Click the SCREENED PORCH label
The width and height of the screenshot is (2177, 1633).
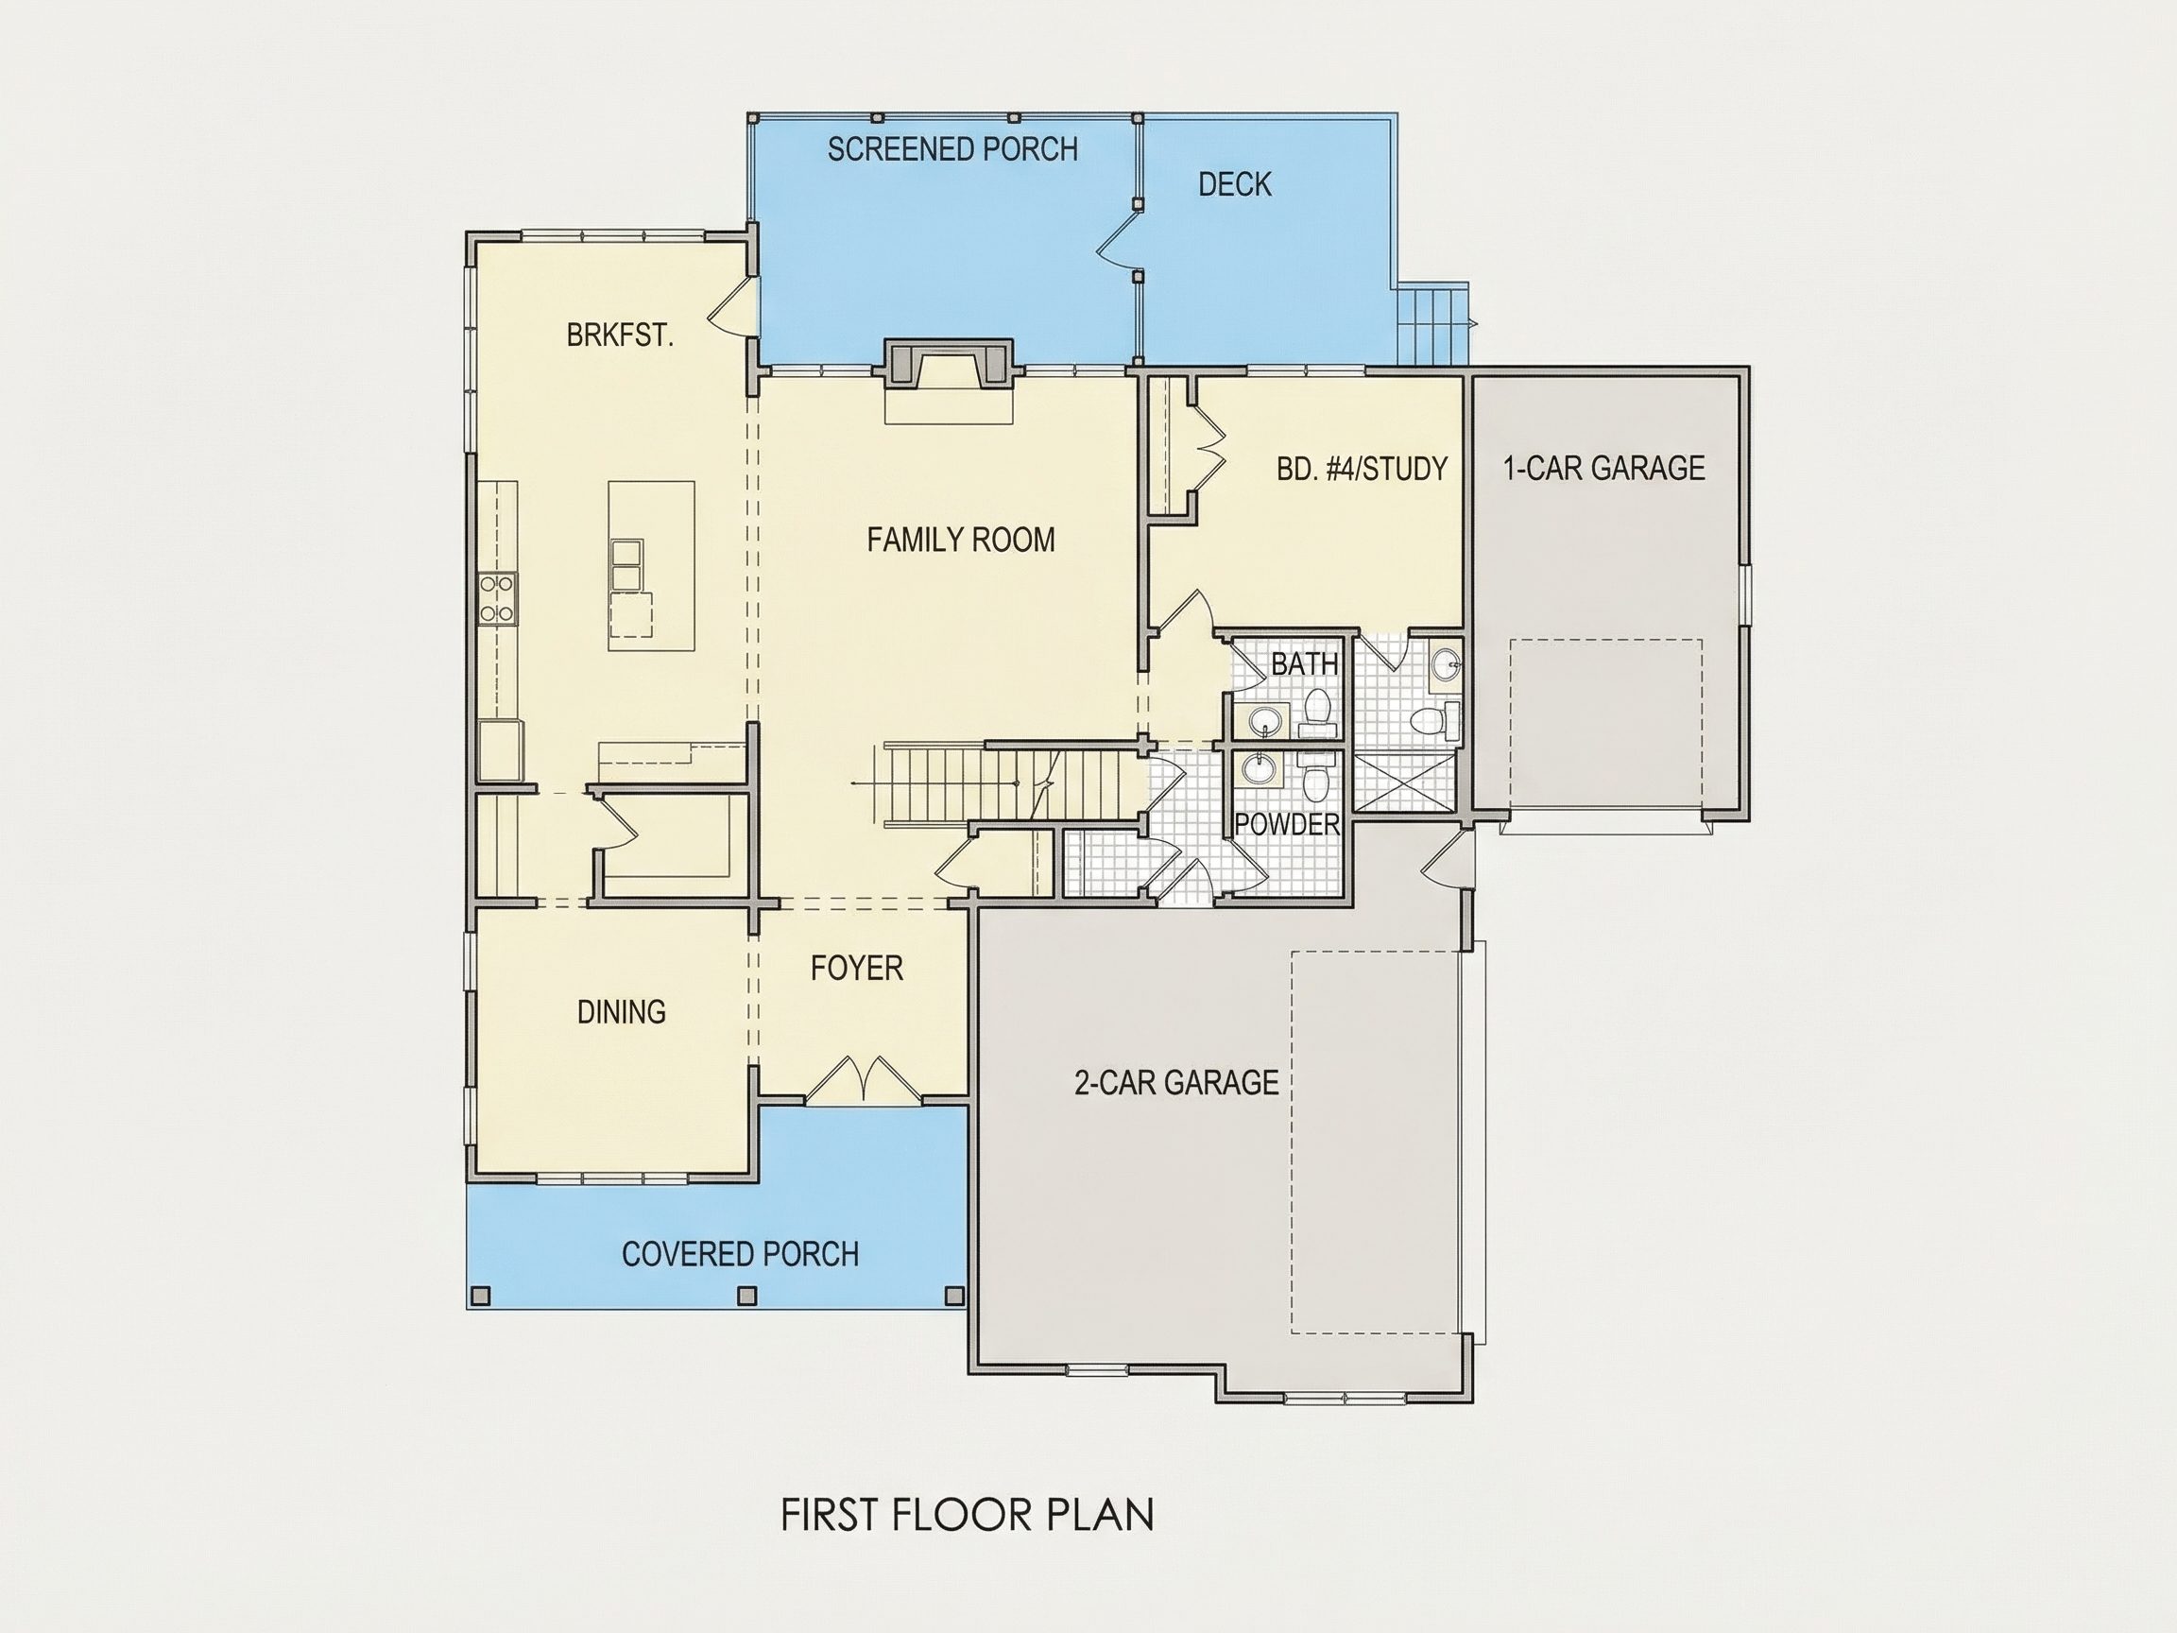tap(951, 149)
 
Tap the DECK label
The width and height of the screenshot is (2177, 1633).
tap(1234, 184)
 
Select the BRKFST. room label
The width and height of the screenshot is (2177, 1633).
tap(620, 335)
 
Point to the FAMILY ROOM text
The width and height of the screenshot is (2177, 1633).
tap(961, 540)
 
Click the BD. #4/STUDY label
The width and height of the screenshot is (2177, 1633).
tap(1363, 469)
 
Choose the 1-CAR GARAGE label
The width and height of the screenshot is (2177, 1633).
tap(1604, 468)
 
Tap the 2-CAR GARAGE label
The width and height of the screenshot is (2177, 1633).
tap(1176, 1083)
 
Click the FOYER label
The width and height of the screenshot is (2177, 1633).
tap(856, 969)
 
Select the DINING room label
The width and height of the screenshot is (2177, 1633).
tap(621, 1012)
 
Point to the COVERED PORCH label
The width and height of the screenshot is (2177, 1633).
tap(740, 1254)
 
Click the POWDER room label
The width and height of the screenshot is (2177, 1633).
tap(1286, 825)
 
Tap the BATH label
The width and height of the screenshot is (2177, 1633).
tap(1304, 664)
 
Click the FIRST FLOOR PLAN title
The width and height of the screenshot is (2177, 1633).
tap(968, 1515)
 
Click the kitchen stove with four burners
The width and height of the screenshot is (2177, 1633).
tap(498, 598)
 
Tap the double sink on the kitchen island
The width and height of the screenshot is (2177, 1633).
tap(626, 565)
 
